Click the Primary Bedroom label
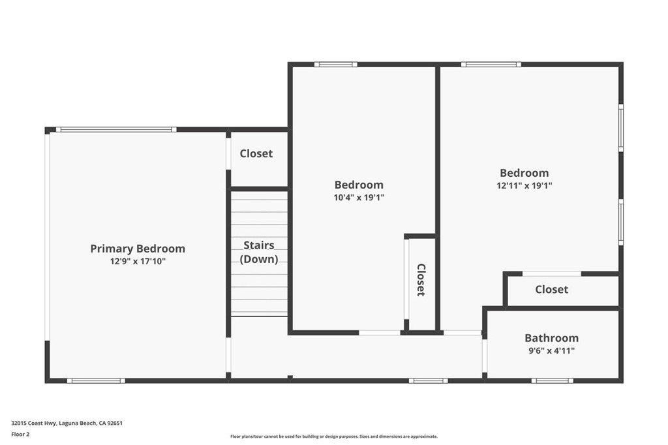point(137,249)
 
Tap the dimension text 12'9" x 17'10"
point(137,261)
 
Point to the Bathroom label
point(551,338)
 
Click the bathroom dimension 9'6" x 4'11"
point(551,350)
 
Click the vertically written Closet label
point(421,280)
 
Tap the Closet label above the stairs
point(256,153)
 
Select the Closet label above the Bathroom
point(551,289)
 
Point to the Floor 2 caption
point(21,434)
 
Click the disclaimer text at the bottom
point(334,437)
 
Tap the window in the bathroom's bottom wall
point(552,380)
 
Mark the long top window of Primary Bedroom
point(115,129)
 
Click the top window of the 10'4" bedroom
point(335,65)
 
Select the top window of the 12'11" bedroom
point(491,65)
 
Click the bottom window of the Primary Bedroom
point(95,380)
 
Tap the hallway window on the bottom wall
point(428,380)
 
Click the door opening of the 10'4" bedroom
point(380,333)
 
